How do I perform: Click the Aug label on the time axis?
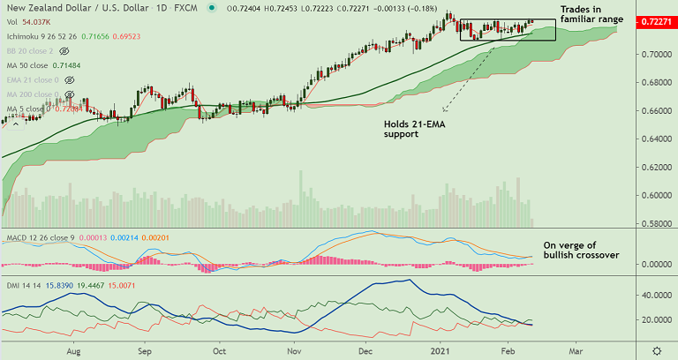73,350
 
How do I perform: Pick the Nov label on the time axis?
293,350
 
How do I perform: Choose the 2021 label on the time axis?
441,350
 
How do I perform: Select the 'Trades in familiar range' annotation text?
591,13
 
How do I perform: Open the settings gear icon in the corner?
656,350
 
